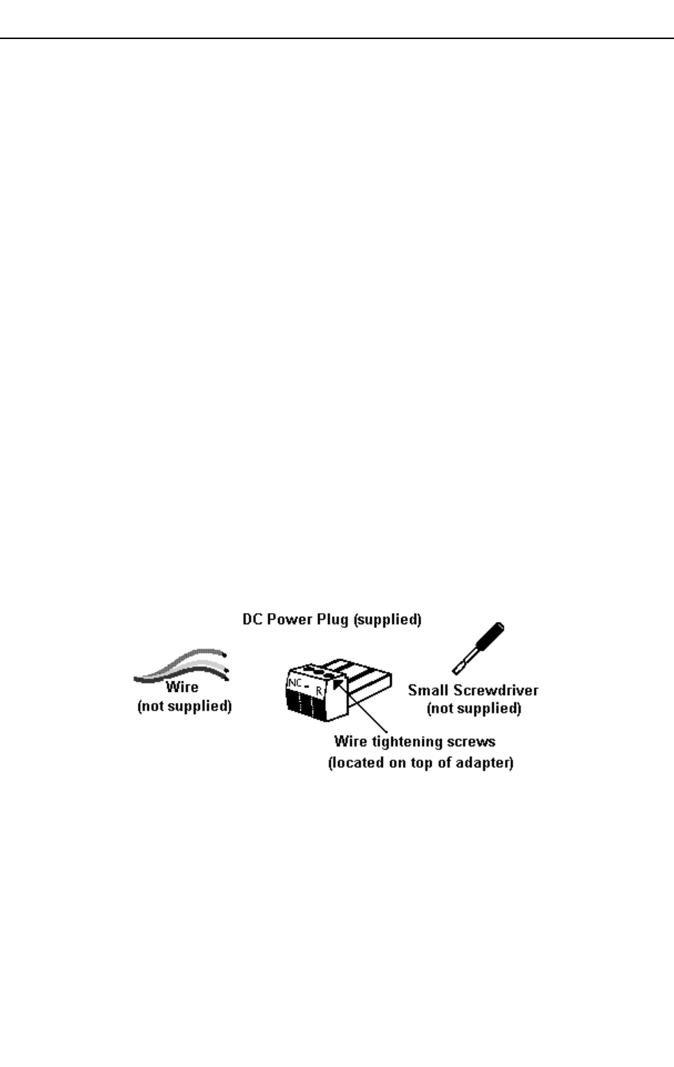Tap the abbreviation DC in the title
pos(252,620)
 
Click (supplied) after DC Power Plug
pos(388,620)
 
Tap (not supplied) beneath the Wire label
pos(185,707)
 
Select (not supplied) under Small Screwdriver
pos(475,708)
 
